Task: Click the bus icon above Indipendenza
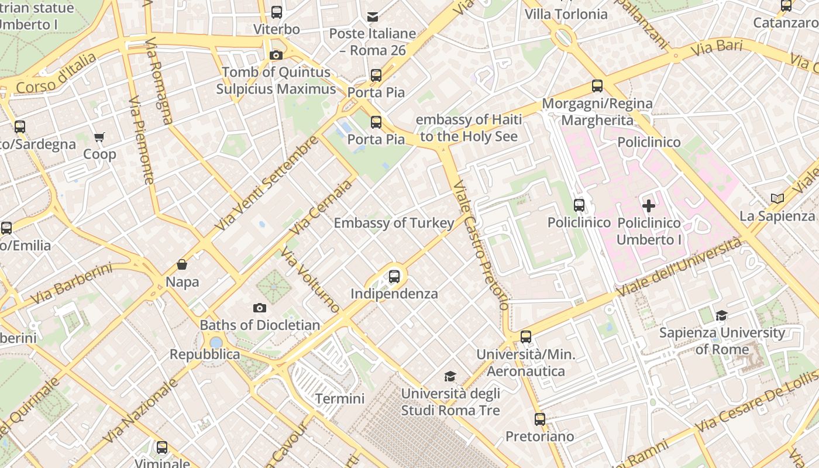(x=394, y=276)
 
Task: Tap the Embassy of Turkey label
(x=394, y=223)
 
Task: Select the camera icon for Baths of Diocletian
(x=260, y=308)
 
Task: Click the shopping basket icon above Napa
(x=182, y=264)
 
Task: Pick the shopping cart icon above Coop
(x=99, y=137)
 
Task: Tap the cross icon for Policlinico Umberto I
(x=649, y=206)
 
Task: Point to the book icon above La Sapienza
(x=777, y=199)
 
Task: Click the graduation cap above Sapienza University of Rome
(x=722, y=316)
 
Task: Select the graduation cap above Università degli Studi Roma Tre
(x=450, y=376)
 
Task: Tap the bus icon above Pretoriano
(x=539, y=419)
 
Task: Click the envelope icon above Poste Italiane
(x=373, y=16)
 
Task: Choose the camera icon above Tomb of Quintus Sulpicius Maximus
(x=276, y=55)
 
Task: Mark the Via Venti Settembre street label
(x=267, y=183)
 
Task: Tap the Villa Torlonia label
(x=566, y=14)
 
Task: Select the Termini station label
(x=340, y=399)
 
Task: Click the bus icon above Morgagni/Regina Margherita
(x=597, y=86)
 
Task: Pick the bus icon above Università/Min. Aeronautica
(x=526, y=337)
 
